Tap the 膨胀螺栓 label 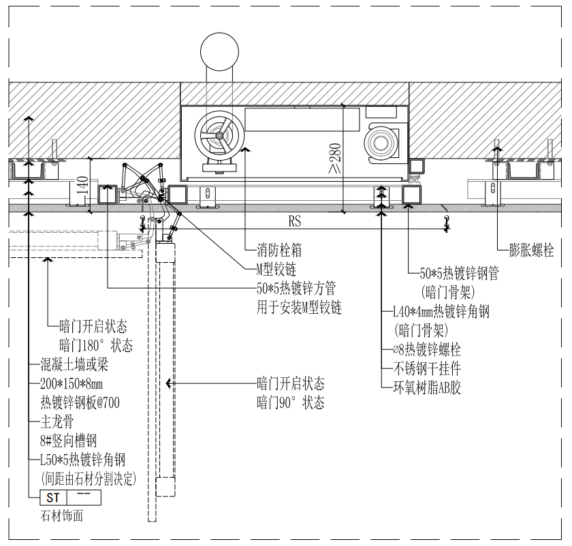(531, 250)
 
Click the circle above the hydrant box (220, 52)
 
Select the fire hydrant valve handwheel (219, 137)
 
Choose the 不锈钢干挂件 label (426, 369)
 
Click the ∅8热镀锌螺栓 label (426, 350)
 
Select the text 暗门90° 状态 (290, 402)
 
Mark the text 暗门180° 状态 (96, 344)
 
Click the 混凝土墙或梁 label (74, 365)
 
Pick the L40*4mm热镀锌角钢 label (441, 312)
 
